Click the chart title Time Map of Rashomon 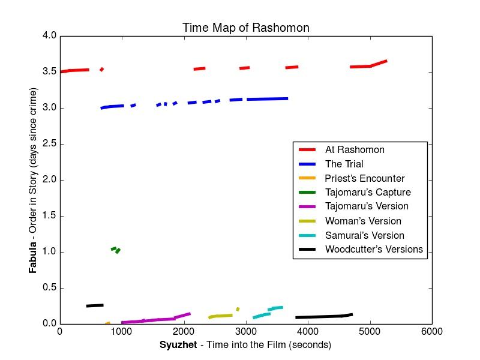coord(246,28)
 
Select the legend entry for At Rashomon coord(355,150)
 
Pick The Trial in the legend coord(344,164)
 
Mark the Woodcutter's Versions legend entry coord(374,250)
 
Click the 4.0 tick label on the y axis coord(49,36)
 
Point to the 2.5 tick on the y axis coord(49,144)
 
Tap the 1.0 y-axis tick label coord(49,252)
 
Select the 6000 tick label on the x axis coord(431,331)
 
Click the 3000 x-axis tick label coord(246,331)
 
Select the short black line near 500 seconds coord(95,305)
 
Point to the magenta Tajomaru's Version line coord(156,319)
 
